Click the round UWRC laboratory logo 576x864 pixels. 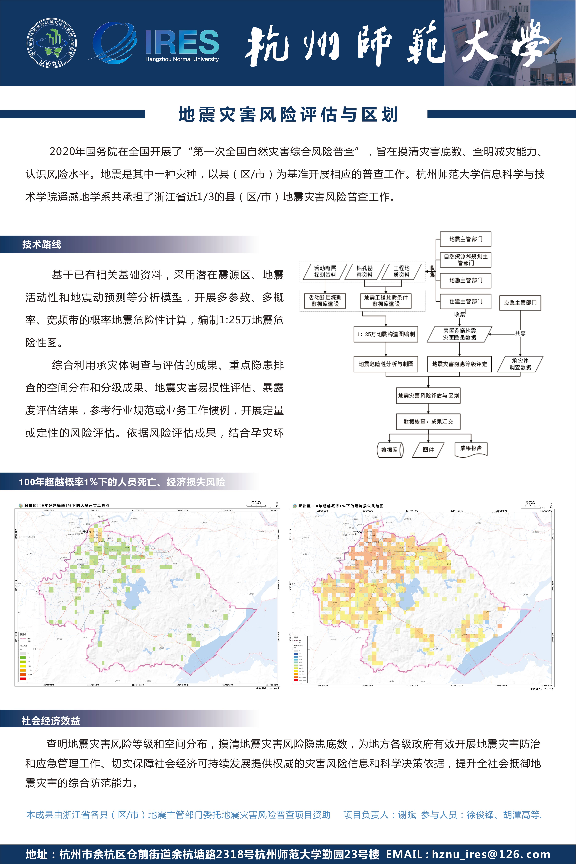(52, 43)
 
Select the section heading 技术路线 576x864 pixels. (42, 244)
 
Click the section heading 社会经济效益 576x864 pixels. (51, 721)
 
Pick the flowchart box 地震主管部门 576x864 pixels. (465, 239)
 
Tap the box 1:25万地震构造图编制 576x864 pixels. (386, 334)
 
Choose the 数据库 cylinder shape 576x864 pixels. (390, 449)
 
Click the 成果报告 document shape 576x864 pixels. (471, 449)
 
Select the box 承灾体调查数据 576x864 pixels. (520, 364)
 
